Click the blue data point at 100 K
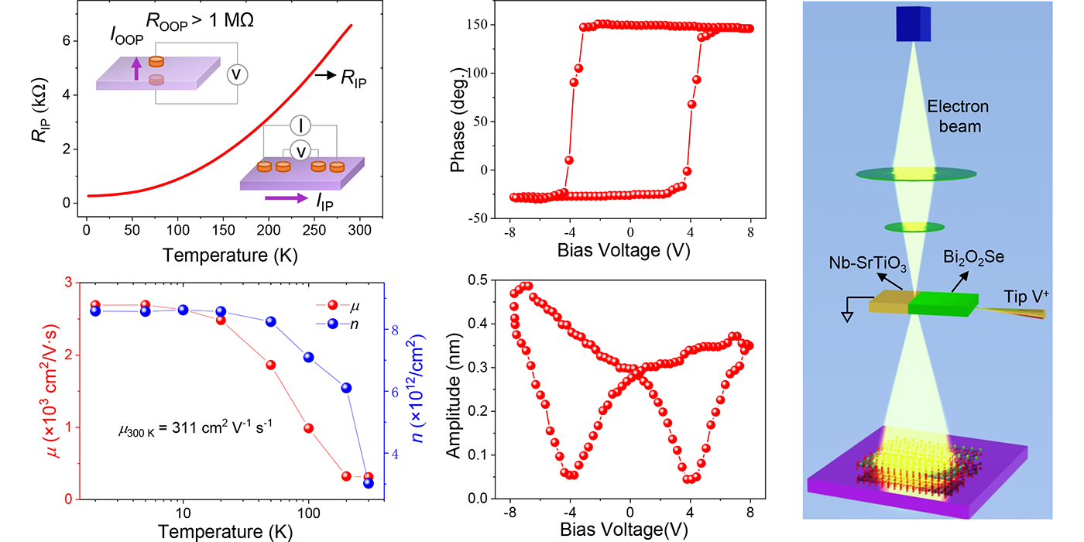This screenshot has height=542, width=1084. click(308, 357)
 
